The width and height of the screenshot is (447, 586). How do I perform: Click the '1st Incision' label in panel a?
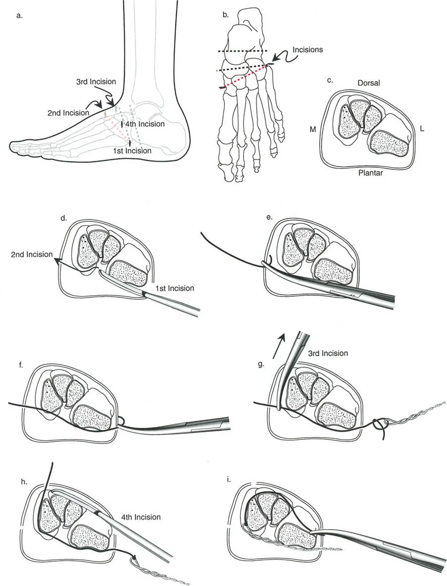131,151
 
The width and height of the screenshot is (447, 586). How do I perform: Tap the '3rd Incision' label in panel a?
96,81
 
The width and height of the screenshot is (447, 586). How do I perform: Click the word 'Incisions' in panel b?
308,50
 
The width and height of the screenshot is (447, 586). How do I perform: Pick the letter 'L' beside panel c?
422,128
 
